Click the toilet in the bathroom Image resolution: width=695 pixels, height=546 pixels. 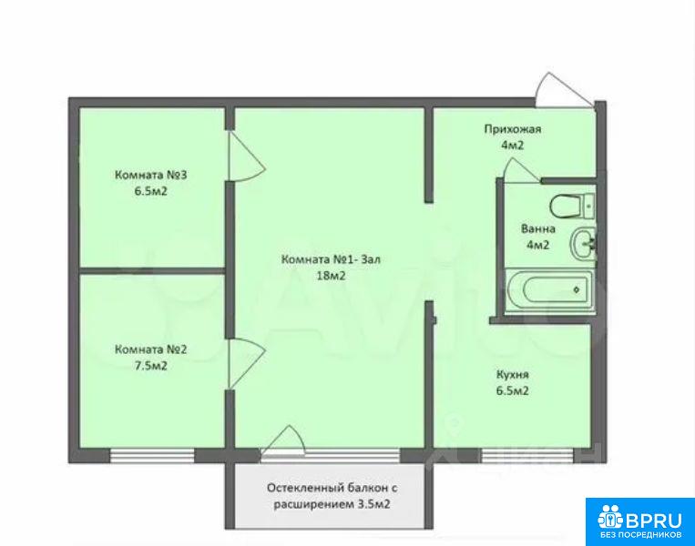tap(572, 207)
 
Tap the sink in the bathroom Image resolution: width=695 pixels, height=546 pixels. tap(583, 244)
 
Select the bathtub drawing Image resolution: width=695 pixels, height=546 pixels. tap(549, 289)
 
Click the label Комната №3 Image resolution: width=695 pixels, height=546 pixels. tap(150, 175)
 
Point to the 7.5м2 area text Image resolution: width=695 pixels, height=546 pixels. tap(151, 366)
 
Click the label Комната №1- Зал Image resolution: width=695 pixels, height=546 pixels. tap(331, 259)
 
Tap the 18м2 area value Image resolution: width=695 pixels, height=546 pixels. tap(331, 276)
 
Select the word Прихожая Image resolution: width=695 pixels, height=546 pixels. tap(513, 129)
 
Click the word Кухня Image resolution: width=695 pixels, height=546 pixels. tap(513, 375)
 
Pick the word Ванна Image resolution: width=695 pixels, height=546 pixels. tap(538, 229)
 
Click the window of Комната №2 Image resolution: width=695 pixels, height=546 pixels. tap(152, 455)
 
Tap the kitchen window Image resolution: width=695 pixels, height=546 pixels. tap(526, 455)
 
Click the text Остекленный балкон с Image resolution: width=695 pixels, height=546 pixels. tap(332, 488)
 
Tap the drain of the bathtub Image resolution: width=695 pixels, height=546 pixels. tap(577, 290)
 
